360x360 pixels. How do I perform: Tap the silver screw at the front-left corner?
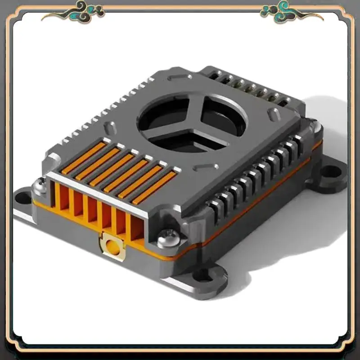(x=40, y=183)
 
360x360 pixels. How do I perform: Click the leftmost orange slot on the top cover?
(x=84, y=157)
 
